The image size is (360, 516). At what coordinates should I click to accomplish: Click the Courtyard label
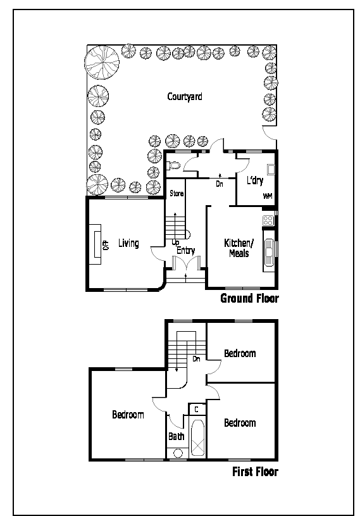(185, 97)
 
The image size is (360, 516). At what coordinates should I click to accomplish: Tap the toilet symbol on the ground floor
(173, 165)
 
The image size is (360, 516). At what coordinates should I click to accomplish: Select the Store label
(177, 193)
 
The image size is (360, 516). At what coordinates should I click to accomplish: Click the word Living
(128, 244)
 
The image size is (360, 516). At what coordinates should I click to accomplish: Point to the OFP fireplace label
(106, 245)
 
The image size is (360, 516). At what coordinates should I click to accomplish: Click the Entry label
(186, 251)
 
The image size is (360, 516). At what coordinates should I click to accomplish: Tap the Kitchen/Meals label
(239, 248)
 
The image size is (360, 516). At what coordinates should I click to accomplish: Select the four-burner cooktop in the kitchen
(268, 220)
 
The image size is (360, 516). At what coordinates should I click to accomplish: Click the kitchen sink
(270, 251)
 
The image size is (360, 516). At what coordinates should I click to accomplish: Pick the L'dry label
(255, 180)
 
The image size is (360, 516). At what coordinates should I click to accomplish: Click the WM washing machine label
(268, 196)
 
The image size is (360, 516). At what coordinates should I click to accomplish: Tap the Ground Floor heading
(249, 298)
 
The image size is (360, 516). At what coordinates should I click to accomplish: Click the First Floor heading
(255, 472)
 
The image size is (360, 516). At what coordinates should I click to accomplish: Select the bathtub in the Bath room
(197, 437)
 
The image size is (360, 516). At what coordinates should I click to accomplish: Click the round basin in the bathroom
(178, 453)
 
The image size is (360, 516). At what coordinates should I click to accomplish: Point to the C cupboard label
(196, 410)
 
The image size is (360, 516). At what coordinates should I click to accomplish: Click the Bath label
(177, 436)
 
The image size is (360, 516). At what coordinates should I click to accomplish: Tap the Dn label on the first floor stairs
(196, 359)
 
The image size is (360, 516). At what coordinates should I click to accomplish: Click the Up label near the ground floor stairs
(175, 242)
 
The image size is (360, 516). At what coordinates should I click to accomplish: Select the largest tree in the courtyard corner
(102, 63)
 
